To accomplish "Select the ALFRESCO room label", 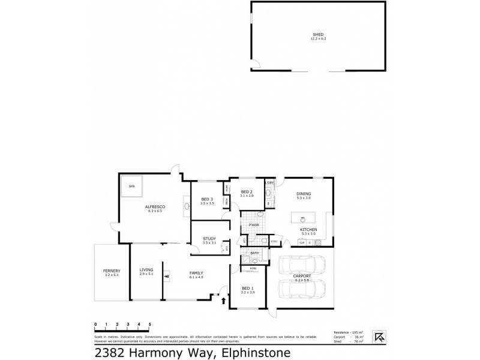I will pos(155,207).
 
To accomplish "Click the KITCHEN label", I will pos(308,230).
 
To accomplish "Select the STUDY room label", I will pos(209,238).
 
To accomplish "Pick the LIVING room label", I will pos(146,270).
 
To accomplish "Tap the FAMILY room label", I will pos(196,273).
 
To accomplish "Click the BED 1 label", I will pos(246,289).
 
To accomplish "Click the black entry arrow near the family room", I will pos(224,298).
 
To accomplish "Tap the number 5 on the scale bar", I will pos(149,324).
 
